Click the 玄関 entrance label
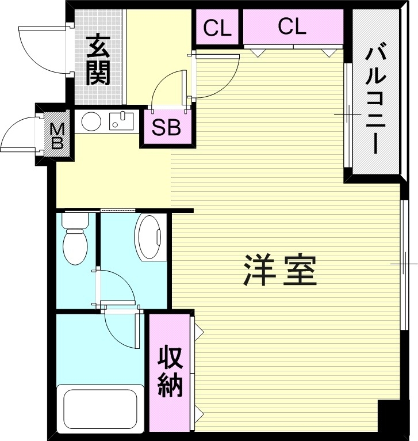[x=98, y=60]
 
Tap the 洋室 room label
[x=281, y=271]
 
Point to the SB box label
[x=166, y=127]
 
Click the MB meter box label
[x=57, y=136]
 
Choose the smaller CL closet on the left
[x=217, y=27]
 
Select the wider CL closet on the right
[x=292, y=26]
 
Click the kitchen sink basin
[x=121, y=120]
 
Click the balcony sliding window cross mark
[x=347, y=115]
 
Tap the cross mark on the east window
[x=403, y=264]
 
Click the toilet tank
[x=74, y=221]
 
